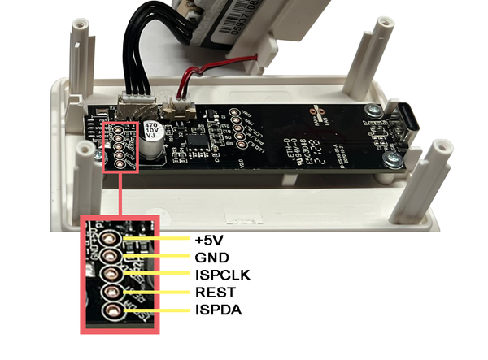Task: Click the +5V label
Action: pos(209,241)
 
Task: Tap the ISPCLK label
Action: pos(222,275)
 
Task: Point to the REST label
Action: pos(215,293)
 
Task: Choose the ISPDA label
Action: pos(217,310)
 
